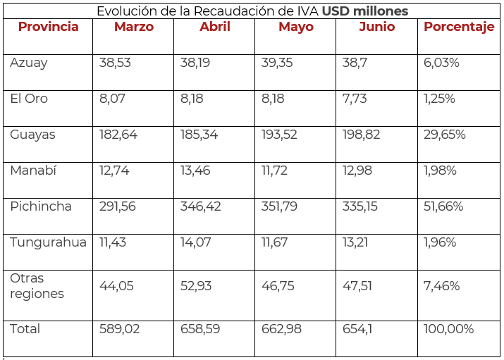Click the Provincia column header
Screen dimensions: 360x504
48,27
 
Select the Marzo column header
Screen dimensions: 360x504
134,27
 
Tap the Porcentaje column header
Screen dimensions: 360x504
459,27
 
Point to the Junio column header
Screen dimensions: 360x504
377,27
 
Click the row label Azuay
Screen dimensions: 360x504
29,63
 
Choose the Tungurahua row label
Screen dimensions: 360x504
49,242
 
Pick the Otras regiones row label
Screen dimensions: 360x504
37,286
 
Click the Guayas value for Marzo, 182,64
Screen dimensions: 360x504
118,135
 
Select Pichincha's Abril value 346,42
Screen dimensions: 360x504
200,207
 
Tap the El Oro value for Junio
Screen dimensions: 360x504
355,99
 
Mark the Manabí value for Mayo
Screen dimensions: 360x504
276,171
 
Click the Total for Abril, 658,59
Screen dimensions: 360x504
200,330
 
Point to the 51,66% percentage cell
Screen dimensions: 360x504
443,207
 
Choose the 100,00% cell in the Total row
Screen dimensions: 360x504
449,330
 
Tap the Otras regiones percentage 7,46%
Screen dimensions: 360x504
442,286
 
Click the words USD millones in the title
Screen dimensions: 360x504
365,11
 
